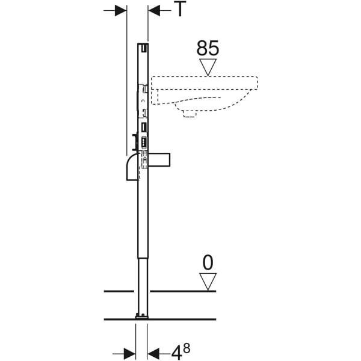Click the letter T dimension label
180,9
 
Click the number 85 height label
208,48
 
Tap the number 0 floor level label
208,263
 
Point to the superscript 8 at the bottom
187,348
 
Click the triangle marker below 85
208,67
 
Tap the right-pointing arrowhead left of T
121,10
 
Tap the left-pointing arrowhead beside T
154,10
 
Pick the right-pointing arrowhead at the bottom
129,353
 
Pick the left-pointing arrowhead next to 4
153,353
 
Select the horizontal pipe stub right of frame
159,159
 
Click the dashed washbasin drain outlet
190,114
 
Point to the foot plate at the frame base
142,316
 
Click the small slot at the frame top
144,48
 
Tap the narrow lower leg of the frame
143,286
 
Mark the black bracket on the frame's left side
135,142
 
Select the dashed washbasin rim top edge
205,76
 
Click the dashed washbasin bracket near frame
155,97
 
